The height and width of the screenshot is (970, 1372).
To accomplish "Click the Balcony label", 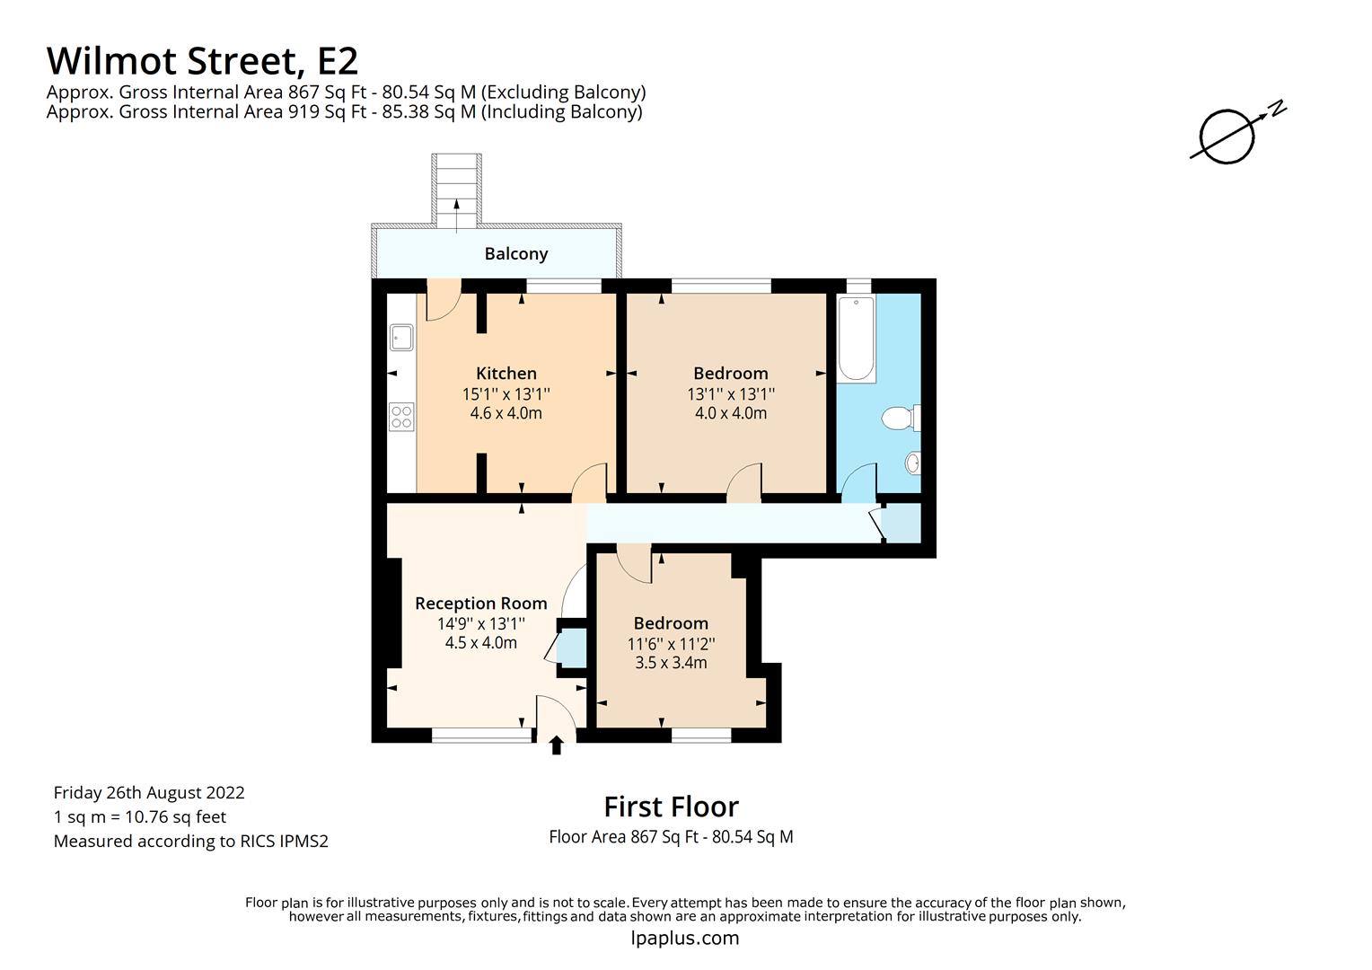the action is [515, 253].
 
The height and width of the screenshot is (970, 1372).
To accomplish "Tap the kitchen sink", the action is [401, 338].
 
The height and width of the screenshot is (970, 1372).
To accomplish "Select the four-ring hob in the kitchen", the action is [401, 417].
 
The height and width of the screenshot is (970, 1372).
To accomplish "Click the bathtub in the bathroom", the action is [856, 339].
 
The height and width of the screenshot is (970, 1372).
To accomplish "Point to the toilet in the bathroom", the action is [901, 418].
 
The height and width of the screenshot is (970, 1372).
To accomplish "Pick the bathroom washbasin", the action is [912, 463].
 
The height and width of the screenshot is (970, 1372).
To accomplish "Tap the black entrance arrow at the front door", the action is [556, 745].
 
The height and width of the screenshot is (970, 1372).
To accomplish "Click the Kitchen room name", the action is [506, 373].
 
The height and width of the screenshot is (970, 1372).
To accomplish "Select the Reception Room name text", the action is [480, 604].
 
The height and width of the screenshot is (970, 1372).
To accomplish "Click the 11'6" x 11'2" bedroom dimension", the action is [672, 644].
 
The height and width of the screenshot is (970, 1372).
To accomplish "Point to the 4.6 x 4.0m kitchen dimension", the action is [506, 413].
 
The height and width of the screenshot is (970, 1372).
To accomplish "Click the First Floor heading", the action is [672, 807].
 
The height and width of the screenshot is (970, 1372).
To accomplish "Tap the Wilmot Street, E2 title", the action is [202, 61].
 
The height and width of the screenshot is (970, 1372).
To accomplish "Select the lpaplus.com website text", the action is [685, 939].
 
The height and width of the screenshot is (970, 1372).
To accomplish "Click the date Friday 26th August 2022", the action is [149, 793].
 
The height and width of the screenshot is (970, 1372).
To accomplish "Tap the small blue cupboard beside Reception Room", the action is [572, 648].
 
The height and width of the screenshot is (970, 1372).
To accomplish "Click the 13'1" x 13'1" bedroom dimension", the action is [731, 394].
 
